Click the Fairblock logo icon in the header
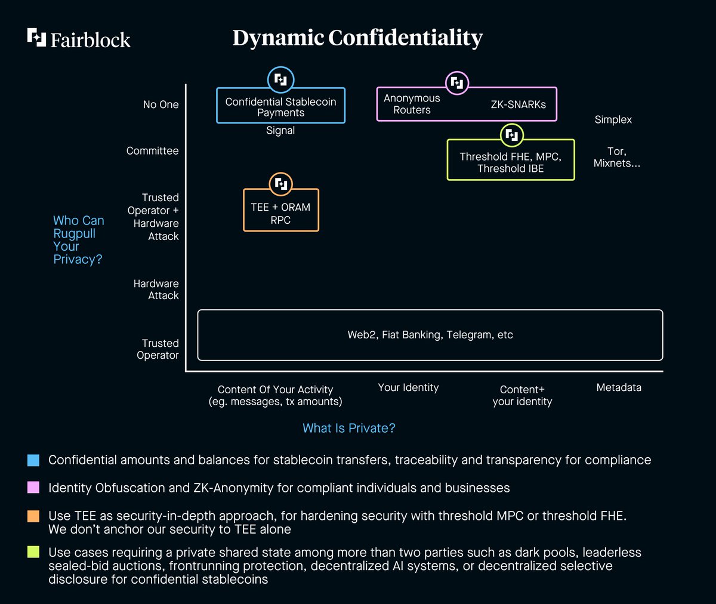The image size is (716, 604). click(36, 38)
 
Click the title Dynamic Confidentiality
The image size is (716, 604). click(357, 38)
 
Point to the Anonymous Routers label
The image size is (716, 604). click(412, 104)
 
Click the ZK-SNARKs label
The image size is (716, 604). click(518, 104)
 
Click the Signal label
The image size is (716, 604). click(280, 130)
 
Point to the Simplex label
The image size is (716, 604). click(613, 120)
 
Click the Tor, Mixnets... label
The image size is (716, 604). click(616, 157)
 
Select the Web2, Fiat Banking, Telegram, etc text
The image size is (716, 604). click(430, 334)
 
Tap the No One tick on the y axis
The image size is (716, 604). click(161, 104)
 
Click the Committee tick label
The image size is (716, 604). click(152, 150)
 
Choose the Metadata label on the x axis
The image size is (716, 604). click(619, 387)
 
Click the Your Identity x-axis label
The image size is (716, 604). click(408, 387)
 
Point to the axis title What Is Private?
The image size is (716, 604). click(348, 428)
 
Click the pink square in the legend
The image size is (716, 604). click(33, 488)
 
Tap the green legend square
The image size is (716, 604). click(33, 552)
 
